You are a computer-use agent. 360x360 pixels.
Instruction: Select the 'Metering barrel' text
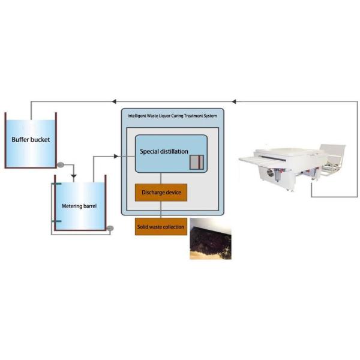click(79, 206)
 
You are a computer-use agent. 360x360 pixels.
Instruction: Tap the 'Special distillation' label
click(163, 152)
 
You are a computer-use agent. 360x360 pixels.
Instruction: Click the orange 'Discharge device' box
click(161, 193)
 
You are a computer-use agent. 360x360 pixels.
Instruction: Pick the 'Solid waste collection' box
click(161, 226)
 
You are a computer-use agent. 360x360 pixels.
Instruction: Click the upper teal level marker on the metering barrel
click(56, 185)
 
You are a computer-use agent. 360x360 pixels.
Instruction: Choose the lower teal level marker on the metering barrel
click(56, 221)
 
